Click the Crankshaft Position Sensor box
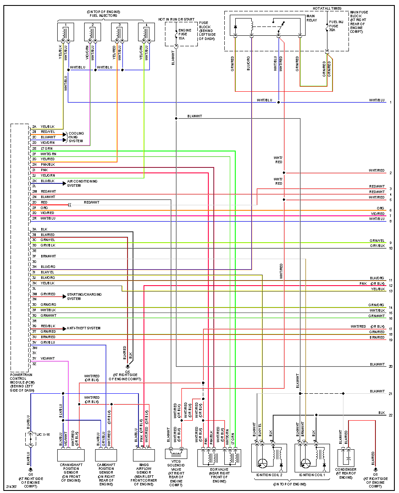(x=71, y=455)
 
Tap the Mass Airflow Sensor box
(x=144, y=455)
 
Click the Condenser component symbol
(x=346, y=458)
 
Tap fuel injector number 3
(x=120, y=32)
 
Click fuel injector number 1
(x=65, y=32)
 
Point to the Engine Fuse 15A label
(x=185, y=34)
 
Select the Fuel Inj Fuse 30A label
(x=336, y=26)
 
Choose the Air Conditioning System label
(x=82, y=183)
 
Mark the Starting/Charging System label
(x=84, y=297)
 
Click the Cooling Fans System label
(x=76, y=137)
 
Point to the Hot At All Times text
(x=327, y=8)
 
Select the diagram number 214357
(x=12, y=487)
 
